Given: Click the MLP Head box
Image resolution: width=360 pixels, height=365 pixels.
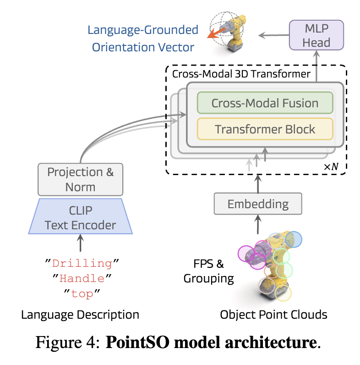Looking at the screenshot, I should point(316,36).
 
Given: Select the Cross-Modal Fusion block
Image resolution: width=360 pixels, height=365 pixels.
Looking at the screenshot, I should point(265,103).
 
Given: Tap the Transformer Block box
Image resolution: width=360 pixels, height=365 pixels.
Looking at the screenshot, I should point(265,129).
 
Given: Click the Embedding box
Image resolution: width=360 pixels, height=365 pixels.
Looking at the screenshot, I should point(258,204).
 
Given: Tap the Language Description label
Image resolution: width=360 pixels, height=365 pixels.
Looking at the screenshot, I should point(80,315).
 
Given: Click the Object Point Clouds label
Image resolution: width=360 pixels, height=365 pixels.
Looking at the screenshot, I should point(273,315).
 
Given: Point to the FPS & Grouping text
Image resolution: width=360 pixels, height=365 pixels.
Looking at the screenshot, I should point(208,271).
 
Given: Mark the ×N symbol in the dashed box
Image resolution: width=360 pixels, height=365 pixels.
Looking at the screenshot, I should point(331,166).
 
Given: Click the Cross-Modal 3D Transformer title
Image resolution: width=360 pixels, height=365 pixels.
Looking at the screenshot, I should point(241,73).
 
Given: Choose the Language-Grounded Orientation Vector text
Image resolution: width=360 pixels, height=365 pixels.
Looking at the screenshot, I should point(143,39).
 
